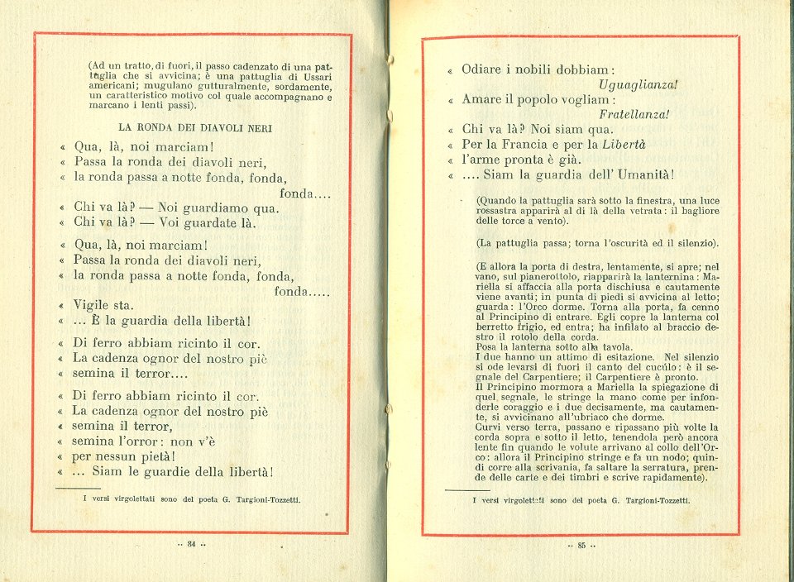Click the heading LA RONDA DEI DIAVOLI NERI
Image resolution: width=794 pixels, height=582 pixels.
coord(195,128)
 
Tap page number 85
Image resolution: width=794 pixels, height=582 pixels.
coord(581,545)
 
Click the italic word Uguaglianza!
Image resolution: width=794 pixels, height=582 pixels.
coord(638,84)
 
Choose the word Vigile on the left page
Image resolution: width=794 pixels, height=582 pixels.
coord(93,305)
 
